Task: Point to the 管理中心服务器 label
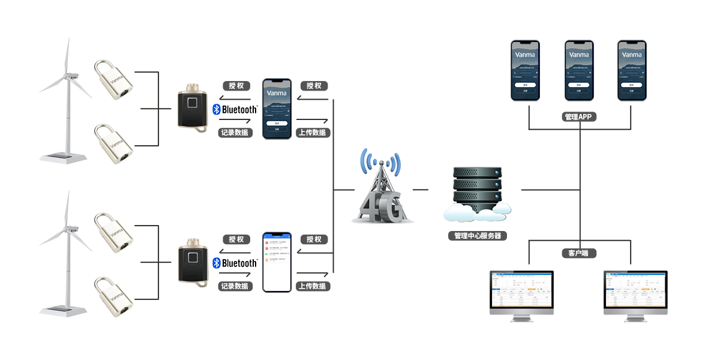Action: [477, 236]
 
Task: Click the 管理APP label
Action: [579, 117]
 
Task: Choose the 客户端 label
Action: [578, 253]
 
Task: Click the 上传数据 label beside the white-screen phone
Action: [313, 286]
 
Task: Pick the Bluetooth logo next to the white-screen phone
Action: [235, 263]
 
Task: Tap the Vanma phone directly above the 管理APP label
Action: [579, 70]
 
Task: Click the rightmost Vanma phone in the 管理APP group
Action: [633, 70]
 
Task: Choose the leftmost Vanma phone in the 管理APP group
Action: [525, 70]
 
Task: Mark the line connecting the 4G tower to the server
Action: [421, 190]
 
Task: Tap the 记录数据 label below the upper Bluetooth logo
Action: [235, 133]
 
